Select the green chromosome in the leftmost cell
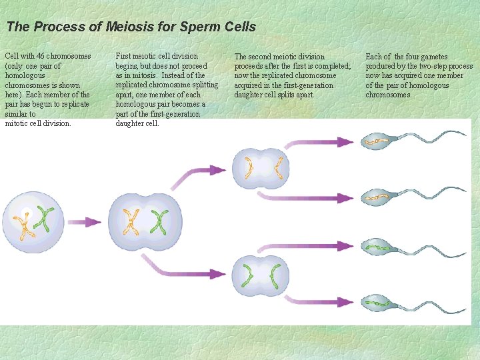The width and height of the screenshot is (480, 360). pyautogui.click(x=45, y=220)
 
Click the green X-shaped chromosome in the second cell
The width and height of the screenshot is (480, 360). pyautogui.click(x=159, y=221)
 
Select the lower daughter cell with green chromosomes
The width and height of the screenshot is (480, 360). pyautogui.click(x=261, y=274)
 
